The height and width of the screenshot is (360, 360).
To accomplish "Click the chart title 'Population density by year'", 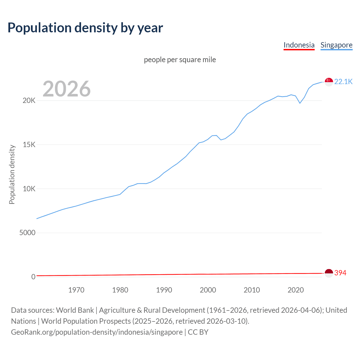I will [85, 28].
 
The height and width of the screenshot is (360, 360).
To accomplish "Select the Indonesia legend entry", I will [299, 45].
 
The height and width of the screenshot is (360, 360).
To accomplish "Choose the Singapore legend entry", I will [336, 45].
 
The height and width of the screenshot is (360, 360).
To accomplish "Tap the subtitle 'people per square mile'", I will [180, 60].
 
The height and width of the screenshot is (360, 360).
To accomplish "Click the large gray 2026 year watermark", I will [67, 89].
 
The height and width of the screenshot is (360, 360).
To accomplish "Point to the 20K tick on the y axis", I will [29, 100].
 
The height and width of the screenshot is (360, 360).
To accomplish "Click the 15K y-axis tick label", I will [29, 145].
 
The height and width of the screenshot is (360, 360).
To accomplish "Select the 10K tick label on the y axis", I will [29, 189].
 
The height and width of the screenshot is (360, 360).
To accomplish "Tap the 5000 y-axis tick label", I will [27, 233].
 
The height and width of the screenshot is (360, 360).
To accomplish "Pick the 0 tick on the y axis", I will [33, 277].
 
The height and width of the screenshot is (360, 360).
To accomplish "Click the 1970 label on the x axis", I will [76, 290].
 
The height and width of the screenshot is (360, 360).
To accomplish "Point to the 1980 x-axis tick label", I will [120, 290].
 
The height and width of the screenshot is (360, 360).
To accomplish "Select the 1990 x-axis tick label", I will [164, 290].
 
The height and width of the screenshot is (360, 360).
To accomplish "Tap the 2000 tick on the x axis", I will [208, 290].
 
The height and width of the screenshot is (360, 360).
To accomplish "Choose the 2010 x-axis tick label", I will [252, 290].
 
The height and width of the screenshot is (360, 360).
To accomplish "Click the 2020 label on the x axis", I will [296, 290].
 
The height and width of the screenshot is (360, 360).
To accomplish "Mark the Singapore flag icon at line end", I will [329, 82].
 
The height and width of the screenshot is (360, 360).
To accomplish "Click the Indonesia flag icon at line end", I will [329, 273].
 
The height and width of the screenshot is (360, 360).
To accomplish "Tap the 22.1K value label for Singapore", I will [343, 82].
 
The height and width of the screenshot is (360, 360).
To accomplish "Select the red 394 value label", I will [340, 273].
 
